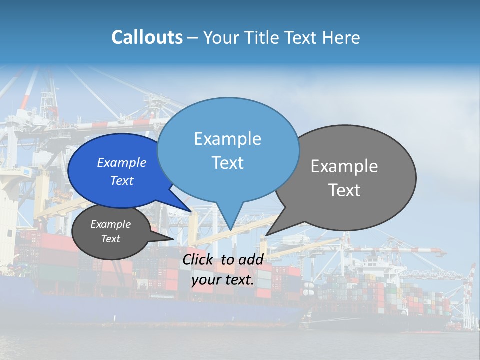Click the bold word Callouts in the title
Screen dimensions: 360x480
click(x=147, y=37)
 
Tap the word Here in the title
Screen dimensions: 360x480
click(x=341, y=38)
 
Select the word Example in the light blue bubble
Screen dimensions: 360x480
click(x=227, y=139)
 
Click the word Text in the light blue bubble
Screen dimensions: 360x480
click(x=227, y=163)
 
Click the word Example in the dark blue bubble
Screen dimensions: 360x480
click(x=121, y=163)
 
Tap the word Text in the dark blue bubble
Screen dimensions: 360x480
click(x=121, y=180)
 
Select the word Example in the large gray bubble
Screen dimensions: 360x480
click(x=344, y=166)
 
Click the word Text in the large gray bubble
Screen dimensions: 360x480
click(x=344, y=190)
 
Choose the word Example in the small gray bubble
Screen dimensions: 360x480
click(x=110, y=224)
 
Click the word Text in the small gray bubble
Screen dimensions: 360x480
click(x=110, y=239)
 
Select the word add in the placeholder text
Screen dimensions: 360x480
click(x=251, y=259)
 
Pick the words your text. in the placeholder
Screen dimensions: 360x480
click(x=223, y=280)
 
